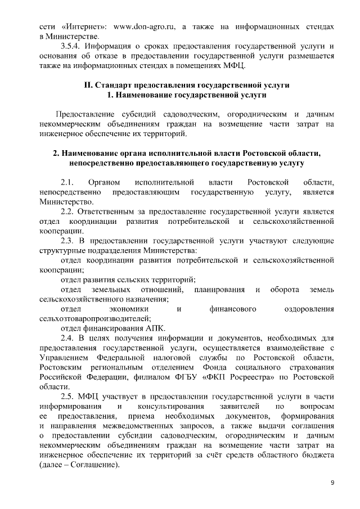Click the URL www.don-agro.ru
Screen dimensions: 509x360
147,26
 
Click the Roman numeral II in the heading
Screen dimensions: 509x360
87,85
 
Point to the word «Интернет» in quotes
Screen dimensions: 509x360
83,26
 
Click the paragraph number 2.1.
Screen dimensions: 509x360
69,183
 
